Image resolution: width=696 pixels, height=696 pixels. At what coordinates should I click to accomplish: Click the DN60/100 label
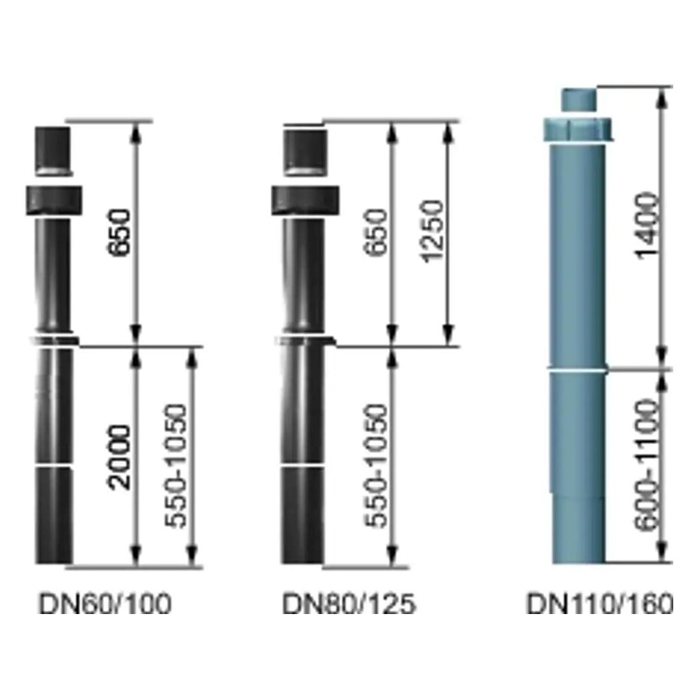point(105,604)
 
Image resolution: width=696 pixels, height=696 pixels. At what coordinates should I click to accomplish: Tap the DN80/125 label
point(349,604)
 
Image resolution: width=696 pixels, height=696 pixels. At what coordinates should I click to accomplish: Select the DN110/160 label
point(599,604)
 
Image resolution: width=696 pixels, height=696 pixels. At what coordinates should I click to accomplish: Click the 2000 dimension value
point(120,457)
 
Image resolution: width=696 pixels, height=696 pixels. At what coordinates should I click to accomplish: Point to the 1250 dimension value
point(431,232)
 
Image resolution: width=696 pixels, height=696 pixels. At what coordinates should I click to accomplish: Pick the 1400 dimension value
point(647,226)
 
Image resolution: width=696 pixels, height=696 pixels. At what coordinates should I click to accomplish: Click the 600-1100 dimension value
point(645,464)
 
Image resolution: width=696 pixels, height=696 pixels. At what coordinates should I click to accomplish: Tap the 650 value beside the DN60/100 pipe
point(120,232)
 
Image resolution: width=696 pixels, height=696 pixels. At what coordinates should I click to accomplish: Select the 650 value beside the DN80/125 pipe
point(375,232)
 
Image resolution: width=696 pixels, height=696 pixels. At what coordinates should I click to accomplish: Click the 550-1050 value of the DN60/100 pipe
point(176,466)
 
